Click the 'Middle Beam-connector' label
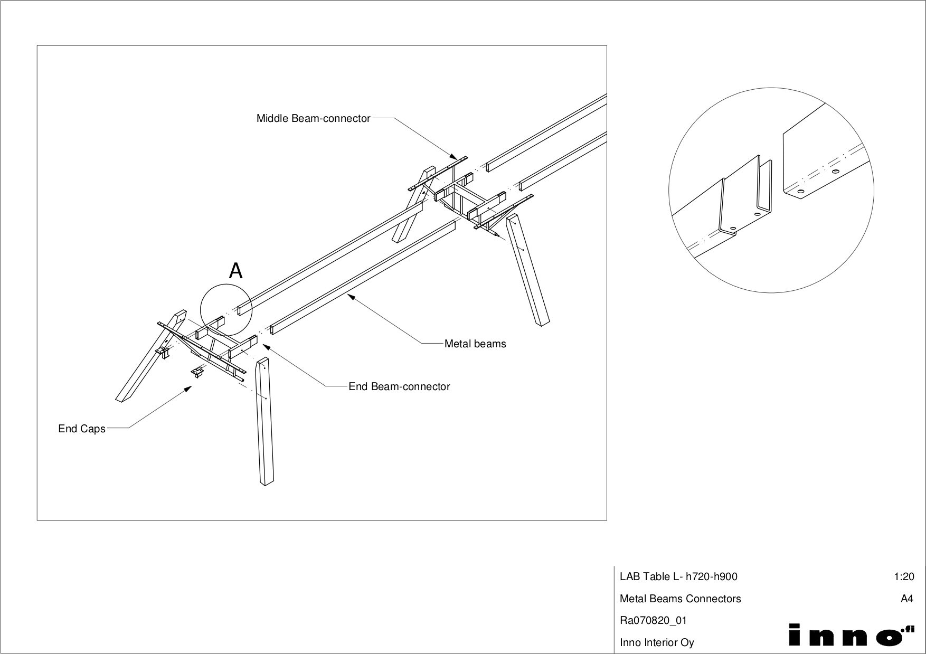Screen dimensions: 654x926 point(313,118)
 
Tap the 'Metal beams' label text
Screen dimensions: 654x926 point(475,344)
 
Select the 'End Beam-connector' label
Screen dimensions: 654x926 point(399,386)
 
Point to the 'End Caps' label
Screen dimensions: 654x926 point(82,429)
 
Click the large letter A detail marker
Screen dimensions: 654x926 point(235,271)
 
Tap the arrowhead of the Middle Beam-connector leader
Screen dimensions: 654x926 point(455,157)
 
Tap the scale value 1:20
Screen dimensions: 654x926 point(904,576)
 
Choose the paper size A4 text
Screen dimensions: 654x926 point(906,599)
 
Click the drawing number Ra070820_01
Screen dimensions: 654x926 point(653,620)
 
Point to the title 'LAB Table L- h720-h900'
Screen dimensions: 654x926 point(678,576)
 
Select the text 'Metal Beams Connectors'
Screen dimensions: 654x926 point(680,599)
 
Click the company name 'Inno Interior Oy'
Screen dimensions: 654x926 point(657,642)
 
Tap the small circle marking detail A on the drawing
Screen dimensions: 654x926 point(226,310)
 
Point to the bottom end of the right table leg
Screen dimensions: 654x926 point(544,324)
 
